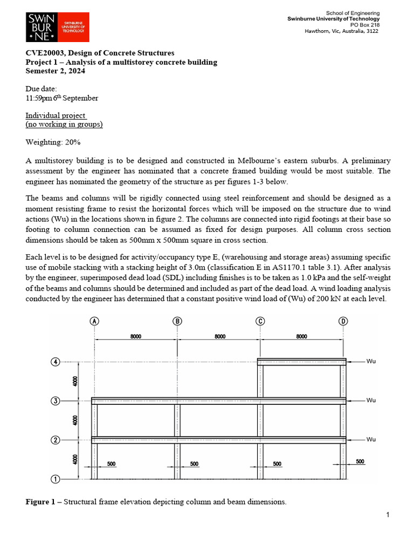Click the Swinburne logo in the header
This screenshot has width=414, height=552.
[x=57, y=27]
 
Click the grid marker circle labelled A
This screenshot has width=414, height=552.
[x=95, y=321]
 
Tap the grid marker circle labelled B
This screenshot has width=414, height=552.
[x=177, y=321]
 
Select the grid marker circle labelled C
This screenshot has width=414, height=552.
[x=260, y=321]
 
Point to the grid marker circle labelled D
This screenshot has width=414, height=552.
[x=343, y=321]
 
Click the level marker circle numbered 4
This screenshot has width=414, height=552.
[x=55, y=361]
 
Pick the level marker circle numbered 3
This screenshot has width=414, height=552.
[x=55, y=401]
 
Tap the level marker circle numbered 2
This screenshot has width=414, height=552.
[x=55, y=440]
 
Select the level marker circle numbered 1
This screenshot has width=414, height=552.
[x=55, y=479]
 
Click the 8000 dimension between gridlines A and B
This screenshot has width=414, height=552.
[x=136, y=336]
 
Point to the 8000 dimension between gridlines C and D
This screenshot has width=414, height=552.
[x=301, y=336]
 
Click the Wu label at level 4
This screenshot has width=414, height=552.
[x=371, y=361]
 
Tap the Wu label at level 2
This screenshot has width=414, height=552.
[x=371, y=439]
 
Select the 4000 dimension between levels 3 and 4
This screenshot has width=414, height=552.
[x=75, y=381]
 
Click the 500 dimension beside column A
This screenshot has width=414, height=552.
[x=111, y=464]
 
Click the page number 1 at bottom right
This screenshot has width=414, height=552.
[x=388, y=515]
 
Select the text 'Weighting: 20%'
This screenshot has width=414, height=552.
[x=53, y=142]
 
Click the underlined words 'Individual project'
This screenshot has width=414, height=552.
[x=56, y=116]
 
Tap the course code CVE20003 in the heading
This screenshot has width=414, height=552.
[x=44, y=53]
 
